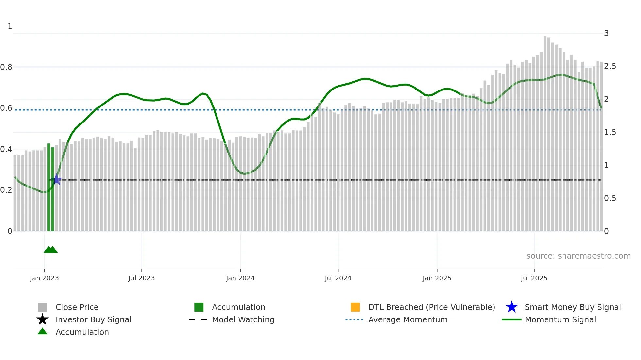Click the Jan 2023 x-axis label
(x=44, y=278)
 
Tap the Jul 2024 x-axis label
(x=338, y=278)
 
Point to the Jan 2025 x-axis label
(x=437, y=278)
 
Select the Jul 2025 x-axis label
(x=534, y=278)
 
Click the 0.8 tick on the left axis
(x=6, y=67)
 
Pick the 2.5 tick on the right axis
(x=610, y=66)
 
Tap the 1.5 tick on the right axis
(x=610, y=132)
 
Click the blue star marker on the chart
(x=57, y=179)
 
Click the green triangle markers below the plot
(x=51, y=250)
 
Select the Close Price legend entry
(x=77, y=307)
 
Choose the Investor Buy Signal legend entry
(x=93, y=319)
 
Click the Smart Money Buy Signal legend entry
(x=572, y=307)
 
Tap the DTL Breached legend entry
(x=431, y=307)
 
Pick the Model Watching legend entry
(x=243, y=319)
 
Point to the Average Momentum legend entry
(x=407, y=319)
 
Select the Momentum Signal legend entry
(x=560, y=319)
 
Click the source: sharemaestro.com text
(x=578, y=256)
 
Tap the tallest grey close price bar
(x=545, y=131)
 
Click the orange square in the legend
(x=355, y=307)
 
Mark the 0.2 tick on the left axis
(x=6, y=190)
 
